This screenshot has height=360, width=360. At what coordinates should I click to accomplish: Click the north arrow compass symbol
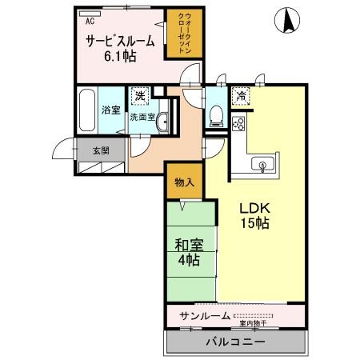[285, 19]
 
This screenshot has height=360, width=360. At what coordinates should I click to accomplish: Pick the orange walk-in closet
[181, 34]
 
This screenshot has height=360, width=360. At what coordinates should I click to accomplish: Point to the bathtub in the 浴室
[87, 110]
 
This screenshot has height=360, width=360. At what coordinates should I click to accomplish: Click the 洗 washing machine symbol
[140, 97]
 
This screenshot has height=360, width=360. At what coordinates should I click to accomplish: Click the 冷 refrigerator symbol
[239, 97]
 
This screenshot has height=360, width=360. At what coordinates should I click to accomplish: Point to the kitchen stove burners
[238, 126]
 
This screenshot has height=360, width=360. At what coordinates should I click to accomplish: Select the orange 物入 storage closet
[184, 182]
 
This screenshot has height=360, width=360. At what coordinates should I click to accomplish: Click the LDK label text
[254, 208]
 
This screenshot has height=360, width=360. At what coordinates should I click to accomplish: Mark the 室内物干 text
[252, 324]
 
